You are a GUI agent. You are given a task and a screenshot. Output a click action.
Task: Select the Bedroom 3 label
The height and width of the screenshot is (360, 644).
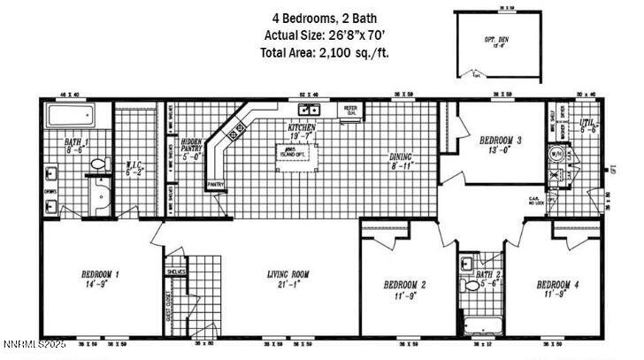pyautogui.click(x=501, y=145)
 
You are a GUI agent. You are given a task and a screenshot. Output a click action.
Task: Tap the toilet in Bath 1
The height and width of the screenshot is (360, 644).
pyautogui.click(x=100, y=164)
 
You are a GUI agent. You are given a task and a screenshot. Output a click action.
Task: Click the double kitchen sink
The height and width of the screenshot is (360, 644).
pyautogui.click(x=309, y=111)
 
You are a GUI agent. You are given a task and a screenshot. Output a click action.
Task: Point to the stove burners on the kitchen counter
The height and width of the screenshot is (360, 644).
pyautogui.click(x=234, y=134)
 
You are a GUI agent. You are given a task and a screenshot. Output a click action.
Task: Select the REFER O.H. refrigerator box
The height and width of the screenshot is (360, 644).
pyautogui.click(x=350, y=110)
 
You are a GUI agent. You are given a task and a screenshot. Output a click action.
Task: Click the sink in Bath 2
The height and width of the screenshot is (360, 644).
pyautogui.click(x=466, y=264)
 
